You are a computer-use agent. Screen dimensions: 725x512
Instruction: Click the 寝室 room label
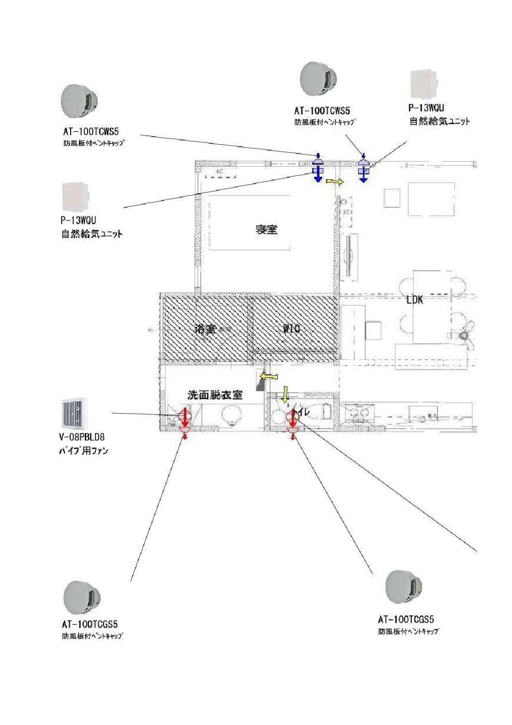point(266,229)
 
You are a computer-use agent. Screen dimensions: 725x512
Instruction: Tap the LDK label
point(414,299)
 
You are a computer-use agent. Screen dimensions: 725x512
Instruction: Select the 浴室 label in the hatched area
point(205,329)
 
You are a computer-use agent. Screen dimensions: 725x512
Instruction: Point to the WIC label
point(291,328)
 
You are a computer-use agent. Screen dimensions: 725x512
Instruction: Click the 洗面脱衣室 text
point(215,395)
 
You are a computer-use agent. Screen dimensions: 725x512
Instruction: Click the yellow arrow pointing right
point(335,182)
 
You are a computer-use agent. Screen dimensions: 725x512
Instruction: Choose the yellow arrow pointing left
point(269,376)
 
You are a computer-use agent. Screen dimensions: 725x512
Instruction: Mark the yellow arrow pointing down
point(286,394)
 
